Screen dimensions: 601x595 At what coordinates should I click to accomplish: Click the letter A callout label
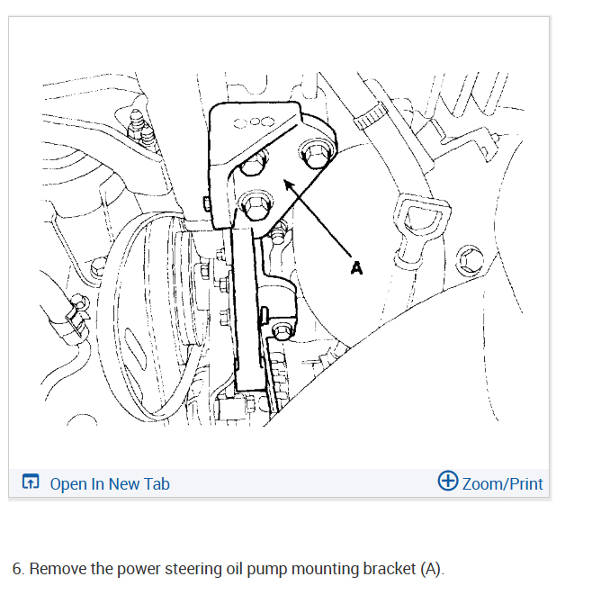(356, 267)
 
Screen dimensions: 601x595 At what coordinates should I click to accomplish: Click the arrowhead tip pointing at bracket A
(286, 183)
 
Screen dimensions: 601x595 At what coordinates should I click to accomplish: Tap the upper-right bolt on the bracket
(315, 154)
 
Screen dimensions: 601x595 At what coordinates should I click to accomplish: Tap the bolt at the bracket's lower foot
(283, 329)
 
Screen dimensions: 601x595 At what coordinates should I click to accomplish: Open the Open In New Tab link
(110, 483)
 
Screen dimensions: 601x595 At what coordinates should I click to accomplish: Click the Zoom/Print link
(502, 483)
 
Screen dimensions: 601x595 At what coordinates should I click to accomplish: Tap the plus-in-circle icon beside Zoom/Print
(447, 482)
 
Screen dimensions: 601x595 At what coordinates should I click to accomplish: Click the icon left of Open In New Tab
(31, 483)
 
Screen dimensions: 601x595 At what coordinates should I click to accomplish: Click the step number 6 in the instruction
(17, 569)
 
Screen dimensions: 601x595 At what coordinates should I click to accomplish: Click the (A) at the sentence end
(431, 569)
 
